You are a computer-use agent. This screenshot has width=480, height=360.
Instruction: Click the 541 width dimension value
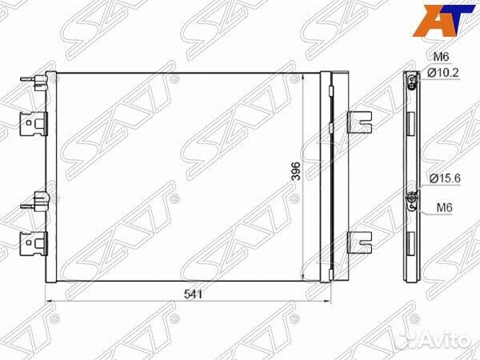[x=193, y=294]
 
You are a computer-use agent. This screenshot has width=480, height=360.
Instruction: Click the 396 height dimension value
[x=297, y=171]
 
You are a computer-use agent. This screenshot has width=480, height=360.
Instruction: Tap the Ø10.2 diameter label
[x=443, y=73]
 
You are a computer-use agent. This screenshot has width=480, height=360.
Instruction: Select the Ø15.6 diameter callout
[x=445, y=178]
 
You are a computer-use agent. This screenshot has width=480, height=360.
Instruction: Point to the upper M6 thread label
[x=441, y=56]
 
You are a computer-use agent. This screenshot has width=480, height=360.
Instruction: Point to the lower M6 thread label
[x=444, y=208]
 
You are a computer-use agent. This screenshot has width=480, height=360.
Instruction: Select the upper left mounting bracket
[x=34, y=124]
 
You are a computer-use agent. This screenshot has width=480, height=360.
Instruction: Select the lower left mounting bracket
[x=34, y=243]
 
